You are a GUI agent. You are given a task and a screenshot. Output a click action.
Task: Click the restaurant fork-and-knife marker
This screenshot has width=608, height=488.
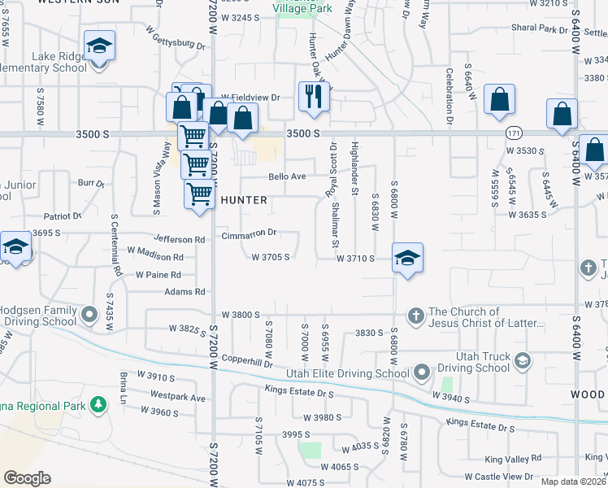[x=313, y=97]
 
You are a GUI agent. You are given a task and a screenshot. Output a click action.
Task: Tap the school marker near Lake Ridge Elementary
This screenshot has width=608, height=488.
[x=99, y=46]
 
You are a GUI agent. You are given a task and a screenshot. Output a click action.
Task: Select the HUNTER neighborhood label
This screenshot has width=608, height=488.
[x=243, y=199]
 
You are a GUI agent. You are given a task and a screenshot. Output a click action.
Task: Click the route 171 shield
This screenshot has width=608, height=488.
[x=512, y=132]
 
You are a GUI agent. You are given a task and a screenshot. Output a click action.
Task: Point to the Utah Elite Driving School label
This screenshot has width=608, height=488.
[x=347, y=373]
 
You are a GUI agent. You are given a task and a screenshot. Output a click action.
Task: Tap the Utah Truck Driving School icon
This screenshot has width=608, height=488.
[x=523, y=359]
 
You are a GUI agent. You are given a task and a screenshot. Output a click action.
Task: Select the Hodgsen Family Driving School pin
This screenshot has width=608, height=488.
[x=90, y=312]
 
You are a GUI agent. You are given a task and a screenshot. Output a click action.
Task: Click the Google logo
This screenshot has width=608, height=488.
[x=28, y=477]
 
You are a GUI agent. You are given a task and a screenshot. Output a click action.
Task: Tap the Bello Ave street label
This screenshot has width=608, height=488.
[x=287, y=176]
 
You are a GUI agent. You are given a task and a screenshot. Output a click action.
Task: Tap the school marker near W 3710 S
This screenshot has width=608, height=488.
[x=407, y=258]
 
